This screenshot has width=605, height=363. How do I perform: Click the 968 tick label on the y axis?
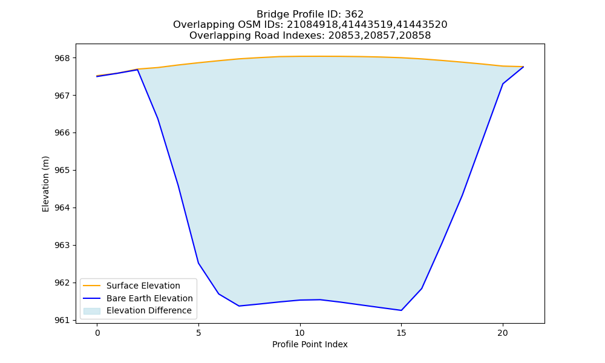[62, 58]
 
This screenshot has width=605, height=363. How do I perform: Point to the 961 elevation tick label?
[62, 320]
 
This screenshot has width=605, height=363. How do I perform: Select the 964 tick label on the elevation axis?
[62, 208]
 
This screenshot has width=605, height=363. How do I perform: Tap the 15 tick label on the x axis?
[401, 333]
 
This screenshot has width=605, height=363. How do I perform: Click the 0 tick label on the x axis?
[97, 333]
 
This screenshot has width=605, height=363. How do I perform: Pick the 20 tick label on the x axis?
[503, 333]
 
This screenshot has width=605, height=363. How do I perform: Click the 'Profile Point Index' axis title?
[310, 344]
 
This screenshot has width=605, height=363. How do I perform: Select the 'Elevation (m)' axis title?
[45, 184]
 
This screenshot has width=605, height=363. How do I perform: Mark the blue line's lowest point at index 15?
[401, 310]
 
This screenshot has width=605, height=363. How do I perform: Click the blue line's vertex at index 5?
[198, 263]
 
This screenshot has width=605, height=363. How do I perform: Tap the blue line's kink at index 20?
[503, 83]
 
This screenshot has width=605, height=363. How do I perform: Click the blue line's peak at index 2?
[138, 70]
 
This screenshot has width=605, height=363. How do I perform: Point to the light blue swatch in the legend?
[92, 311]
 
